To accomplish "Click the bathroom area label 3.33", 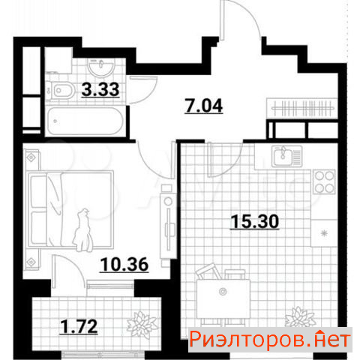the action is coord(100,90).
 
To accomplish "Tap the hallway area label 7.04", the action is coord(204,106).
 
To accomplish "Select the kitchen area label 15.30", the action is coord(254,221).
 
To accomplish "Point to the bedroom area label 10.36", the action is coord(124,265).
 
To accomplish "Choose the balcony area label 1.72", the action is coord(79,327).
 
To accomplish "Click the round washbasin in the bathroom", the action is coord(101,67).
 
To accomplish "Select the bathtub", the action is coord(85,121).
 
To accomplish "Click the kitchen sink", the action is coord(286,156).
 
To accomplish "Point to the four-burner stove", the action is coord(324,181).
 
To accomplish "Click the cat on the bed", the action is coord(83,230).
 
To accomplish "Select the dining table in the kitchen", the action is coord(223,298).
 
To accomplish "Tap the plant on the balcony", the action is coord(142,325).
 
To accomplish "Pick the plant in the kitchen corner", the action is coord(300,317).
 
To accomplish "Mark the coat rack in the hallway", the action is coord(302,108).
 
